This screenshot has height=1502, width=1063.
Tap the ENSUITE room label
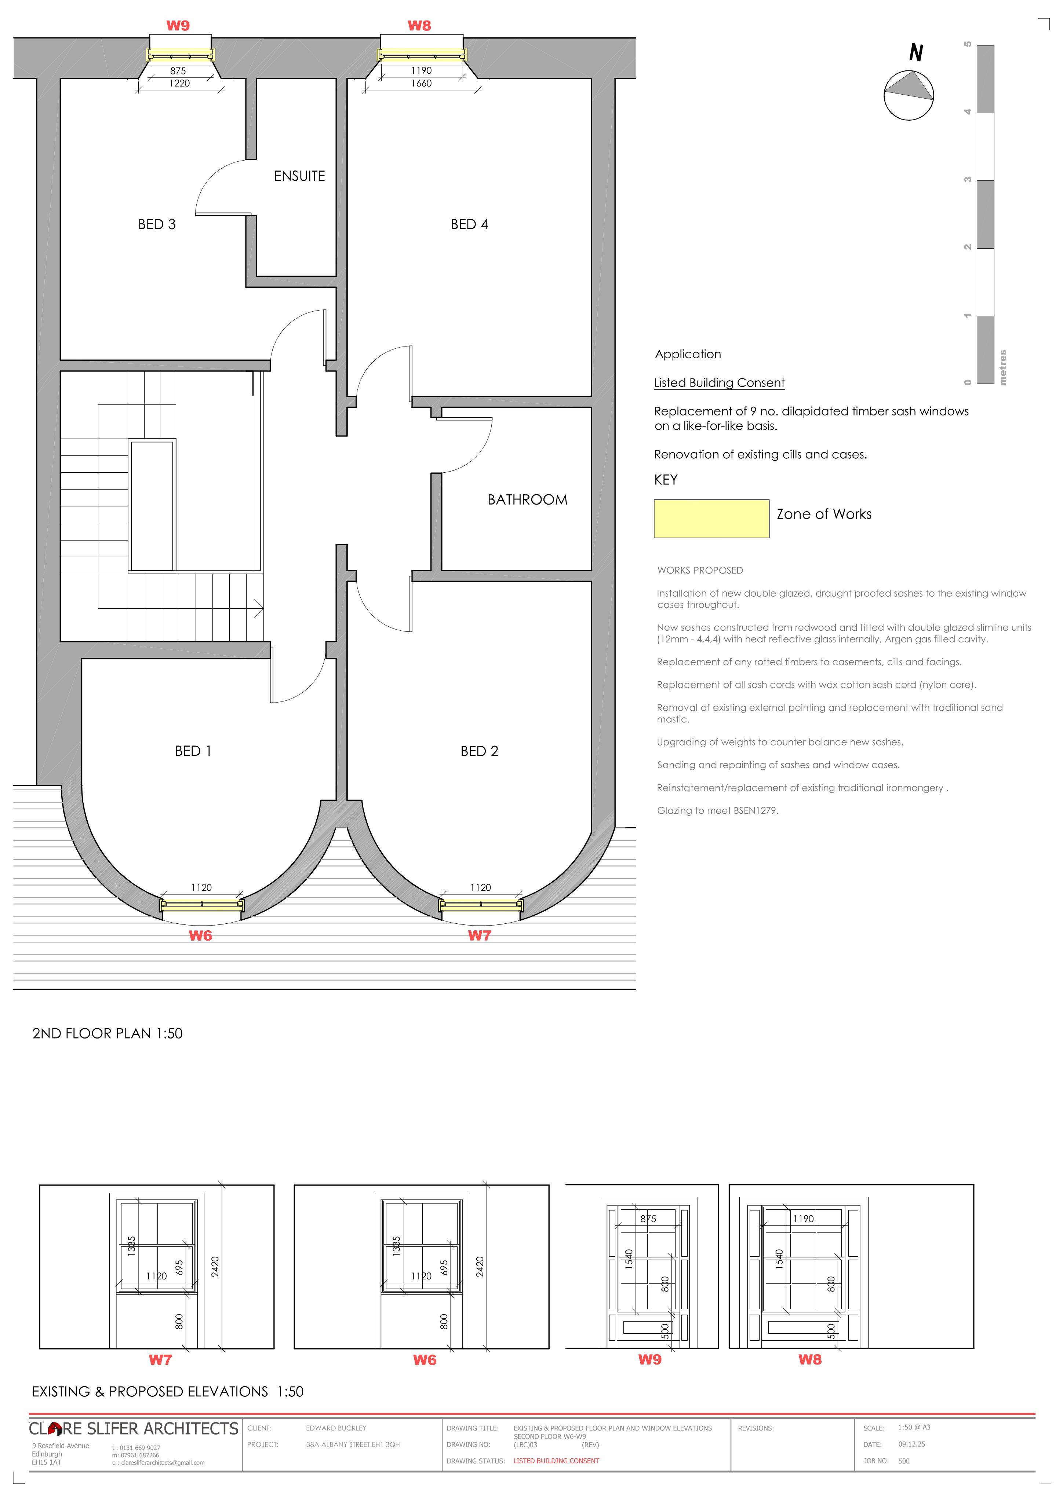(x=299, y=176)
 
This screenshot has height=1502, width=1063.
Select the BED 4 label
(x=469, y=224)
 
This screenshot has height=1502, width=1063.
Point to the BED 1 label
(x=193, y=751)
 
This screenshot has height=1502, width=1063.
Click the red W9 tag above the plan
(x=178, y=26)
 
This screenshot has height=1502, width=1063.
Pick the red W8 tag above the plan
(x=419, y=26)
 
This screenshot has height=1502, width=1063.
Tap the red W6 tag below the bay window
(x=200, y=936)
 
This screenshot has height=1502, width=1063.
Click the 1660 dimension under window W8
(x=422, y=83)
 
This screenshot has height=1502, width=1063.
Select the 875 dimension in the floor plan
(x=178, y=71)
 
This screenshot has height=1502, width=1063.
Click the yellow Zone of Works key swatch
(x=711, y=519)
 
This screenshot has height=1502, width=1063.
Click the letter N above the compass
(x=916, y=52)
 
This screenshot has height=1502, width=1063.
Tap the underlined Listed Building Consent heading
(x=719, y=383)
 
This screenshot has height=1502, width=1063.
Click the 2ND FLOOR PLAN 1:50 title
(x=108, y=1034)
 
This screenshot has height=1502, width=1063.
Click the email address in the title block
(x=159, y=1463)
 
